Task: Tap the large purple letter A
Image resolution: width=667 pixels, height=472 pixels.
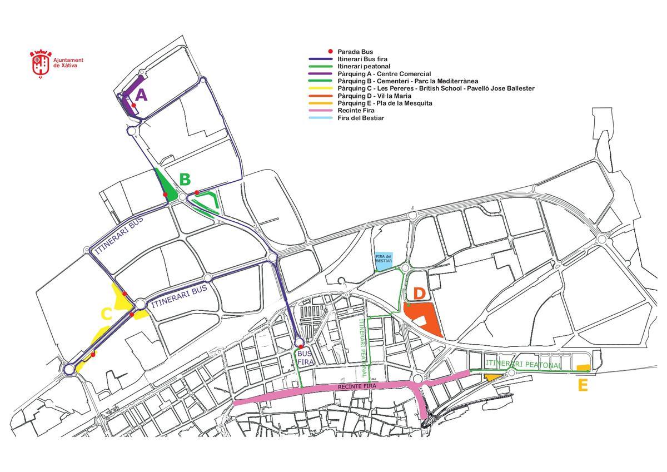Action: tap(141, 96)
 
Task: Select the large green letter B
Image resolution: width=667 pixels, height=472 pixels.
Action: tap(185, 180)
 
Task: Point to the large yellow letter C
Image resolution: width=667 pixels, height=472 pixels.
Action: tap(107, 314)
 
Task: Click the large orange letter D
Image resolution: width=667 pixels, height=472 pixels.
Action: tap(419, 293)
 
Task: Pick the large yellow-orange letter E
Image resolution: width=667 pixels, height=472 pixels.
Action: tap(583, 385)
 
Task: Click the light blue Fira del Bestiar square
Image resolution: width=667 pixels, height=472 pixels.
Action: tap(384, 260)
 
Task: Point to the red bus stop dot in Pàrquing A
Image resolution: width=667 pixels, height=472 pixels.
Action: tap(134, 105)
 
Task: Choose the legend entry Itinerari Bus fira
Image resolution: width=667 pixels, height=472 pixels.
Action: tap(362, 58)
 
